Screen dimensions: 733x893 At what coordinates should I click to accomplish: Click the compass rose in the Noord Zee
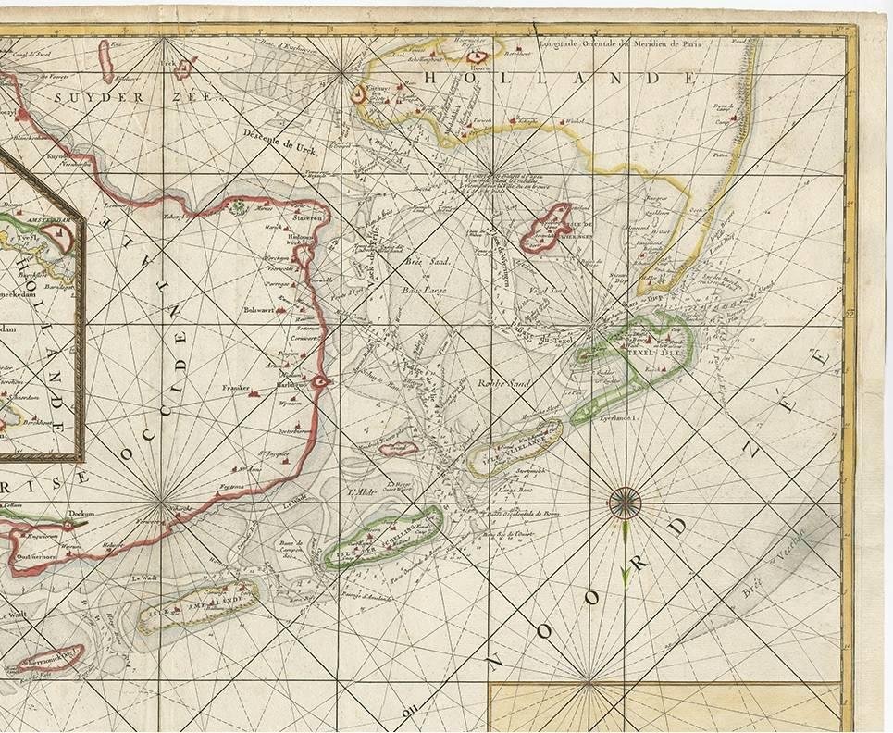point(626,503)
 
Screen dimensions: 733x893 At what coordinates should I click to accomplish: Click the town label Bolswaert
point(260,310)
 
